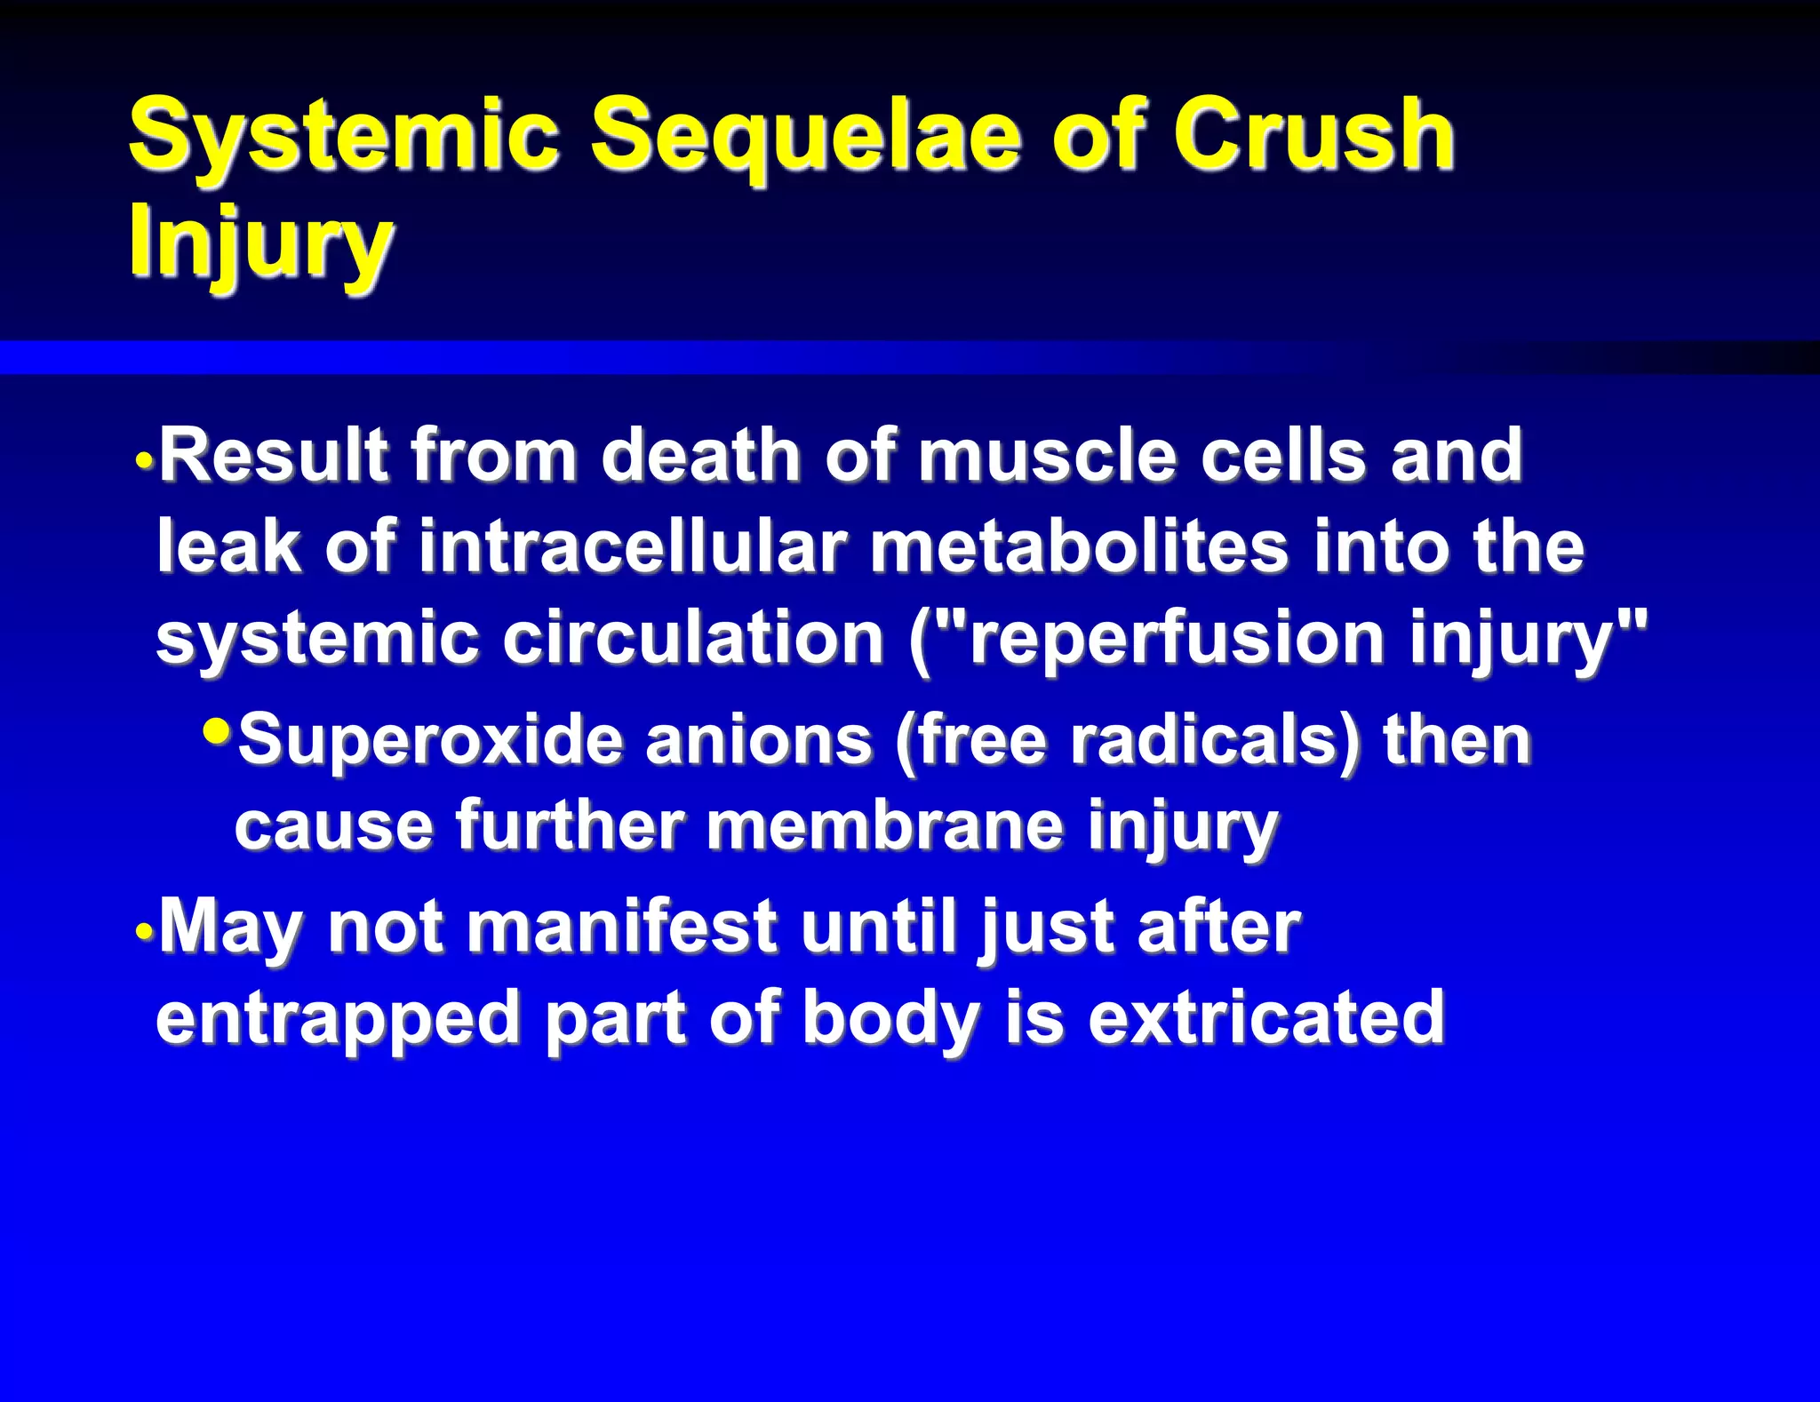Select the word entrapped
[338, 1020]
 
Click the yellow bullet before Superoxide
[216, 731]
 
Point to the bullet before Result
[145, 462]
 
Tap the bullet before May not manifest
[145, 933]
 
